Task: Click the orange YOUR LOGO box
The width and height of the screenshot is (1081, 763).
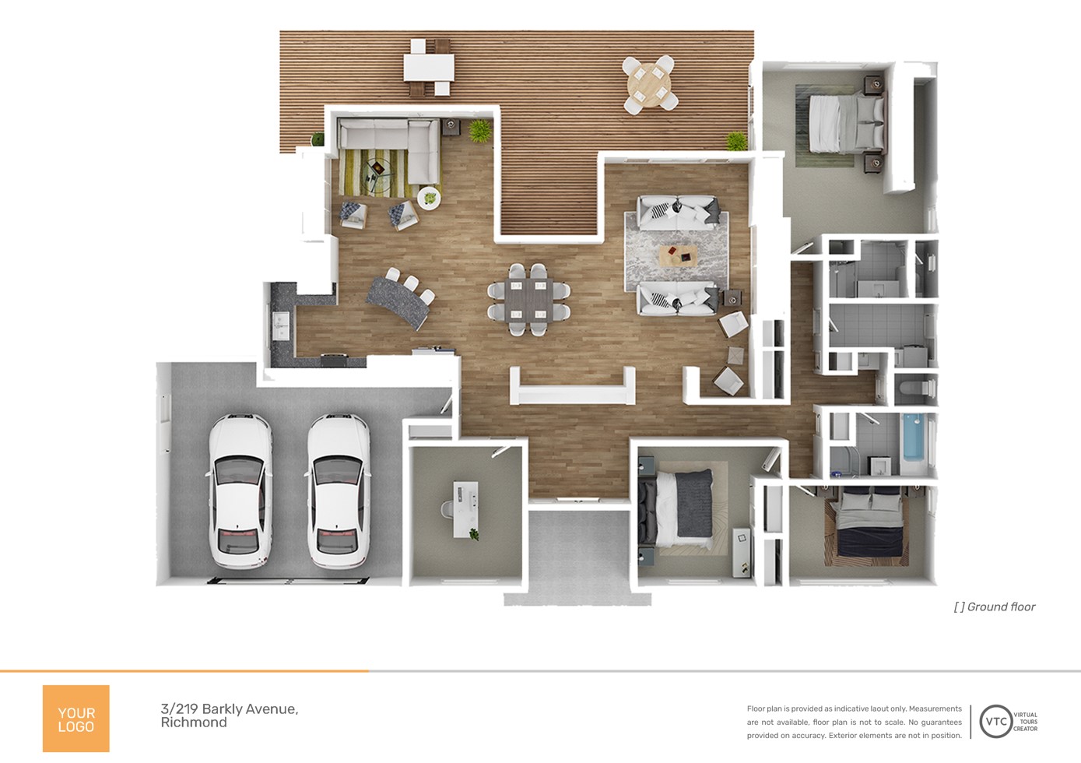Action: [x=75, y=718]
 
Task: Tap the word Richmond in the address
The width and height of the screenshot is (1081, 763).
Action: [x=194, y=723]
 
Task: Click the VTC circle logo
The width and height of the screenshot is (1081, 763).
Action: [x=995, y=722]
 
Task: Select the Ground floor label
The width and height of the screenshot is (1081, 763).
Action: [x=995, y=607]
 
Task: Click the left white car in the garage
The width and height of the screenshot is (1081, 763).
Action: [x=240, y=490]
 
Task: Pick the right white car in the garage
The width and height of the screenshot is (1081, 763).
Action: [x=339, y=490]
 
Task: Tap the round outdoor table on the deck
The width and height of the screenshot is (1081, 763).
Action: [x=650, y=86]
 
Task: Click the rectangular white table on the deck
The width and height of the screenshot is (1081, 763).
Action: [x=429, y=68]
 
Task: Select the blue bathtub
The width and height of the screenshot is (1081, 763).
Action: [x=913, y=437]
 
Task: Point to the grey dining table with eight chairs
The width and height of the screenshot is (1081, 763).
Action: [x=528, y=300]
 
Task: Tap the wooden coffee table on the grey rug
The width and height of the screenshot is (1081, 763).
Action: [x=678, y=256]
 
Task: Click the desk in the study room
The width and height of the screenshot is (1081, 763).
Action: [x=465, y=509]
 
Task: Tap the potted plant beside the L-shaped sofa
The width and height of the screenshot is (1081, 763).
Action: [x=479, y=131]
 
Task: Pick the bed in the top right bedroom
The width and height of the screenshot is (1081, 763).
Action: [x=847, y=124]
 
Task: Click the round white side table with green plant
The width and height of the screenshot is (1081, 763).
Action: [x=429, y=198]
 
